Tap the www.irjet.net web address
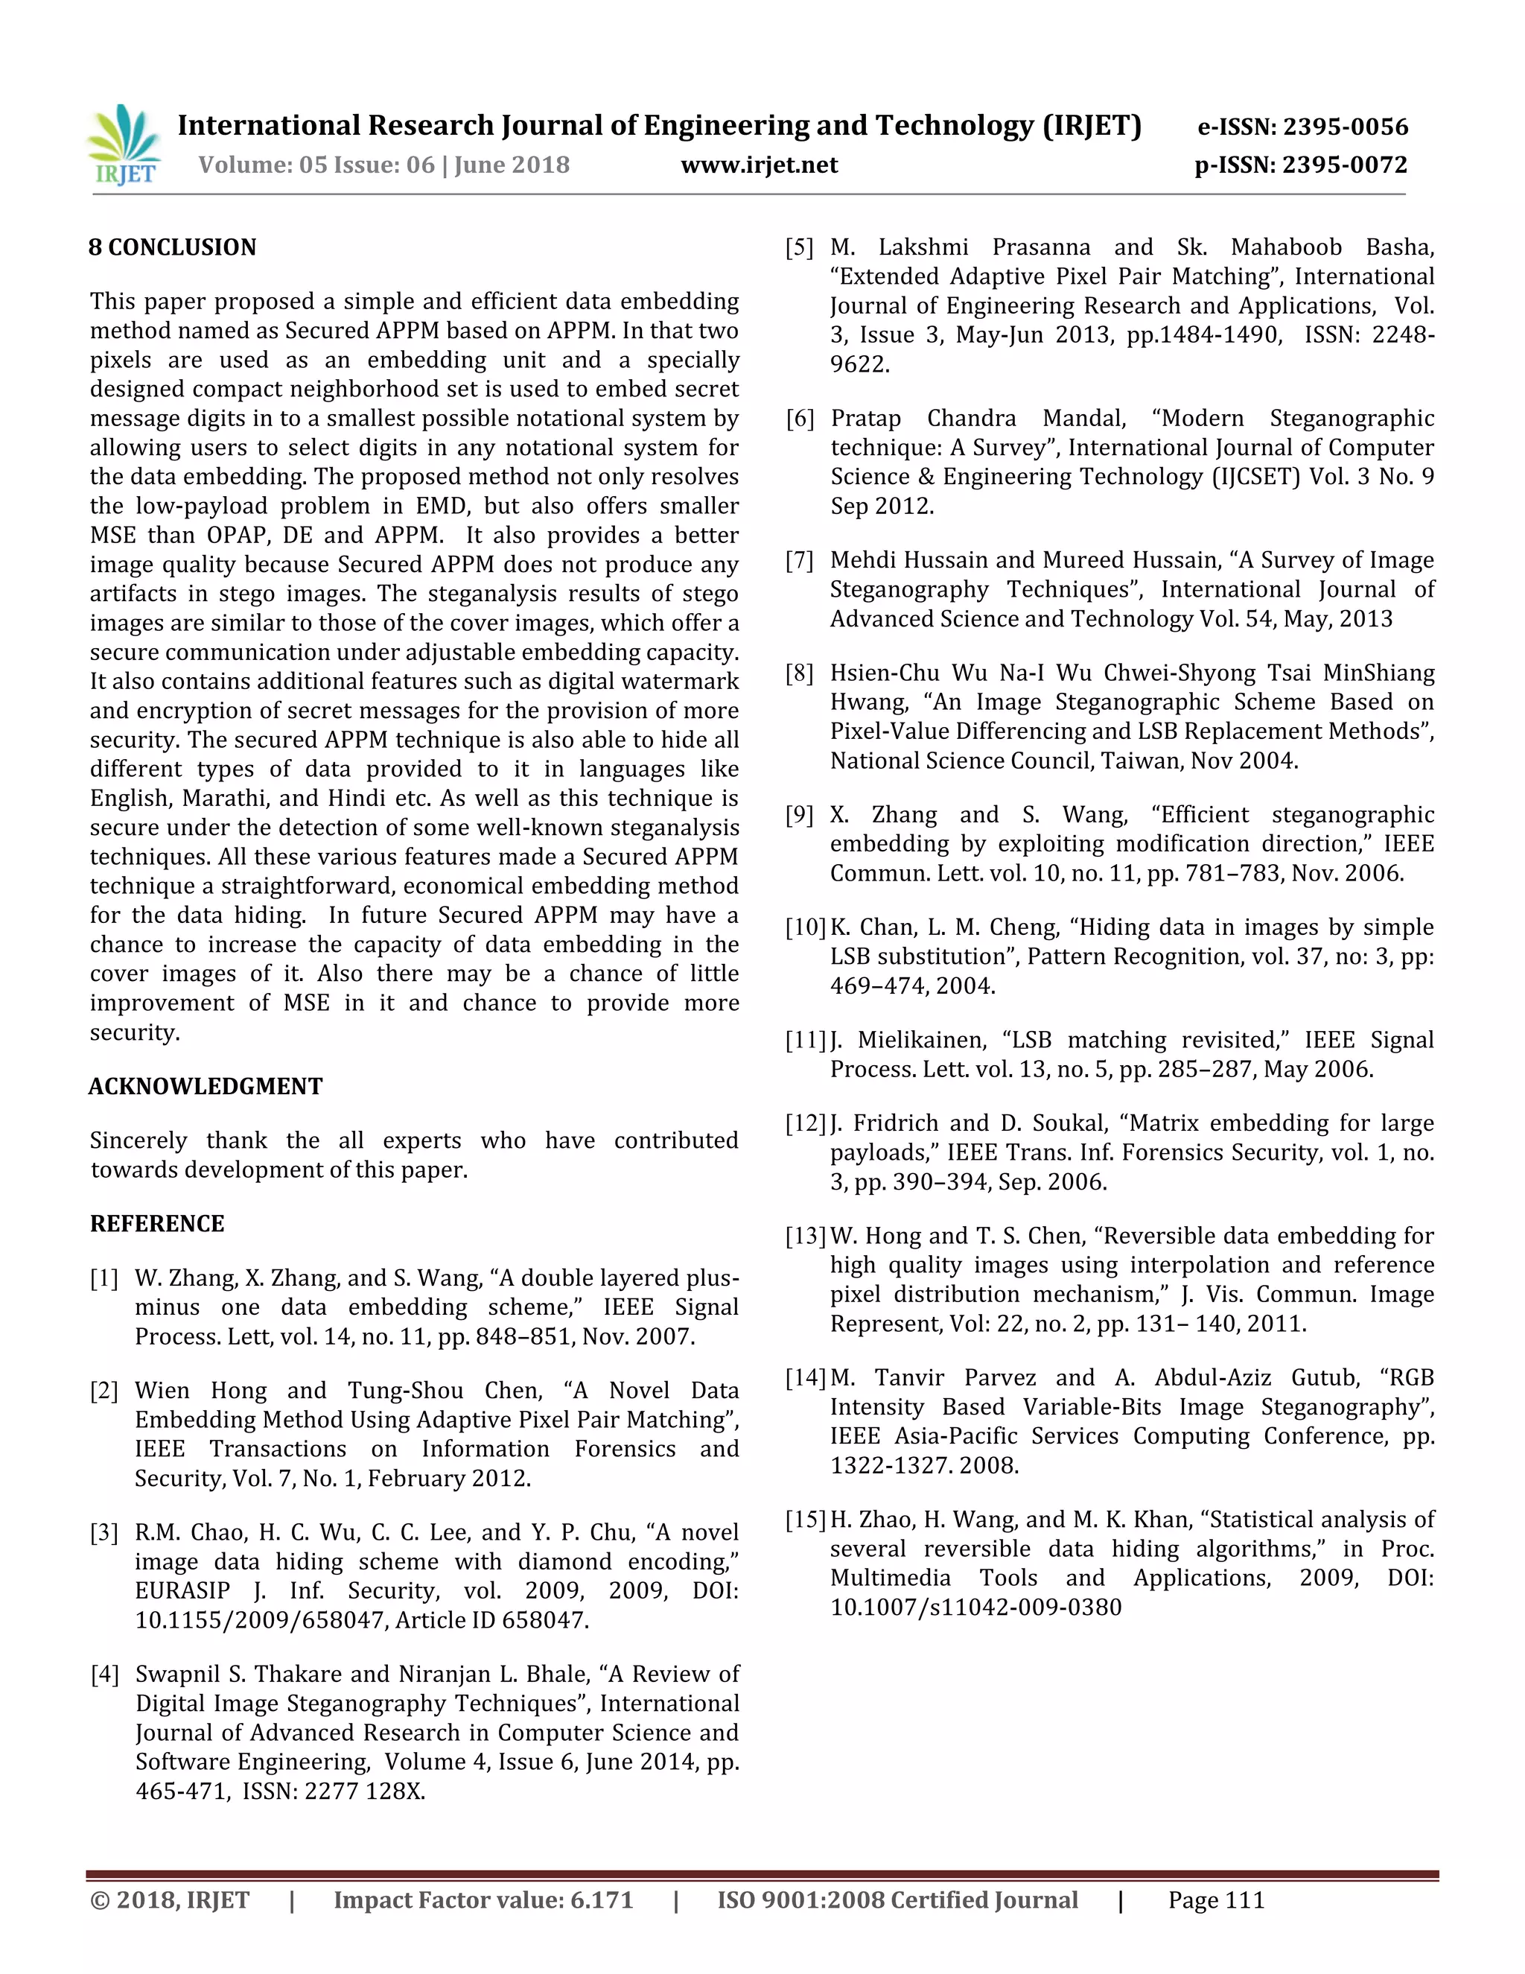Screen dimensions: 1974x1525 (x=759, y=165)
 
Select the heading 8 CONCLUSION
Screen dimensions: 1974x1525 (x=173, y=247)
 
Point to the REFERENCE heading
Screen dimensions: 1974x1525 (x=157, y=1224)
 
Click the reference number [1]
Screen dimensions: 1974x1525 (x=104, y=1279)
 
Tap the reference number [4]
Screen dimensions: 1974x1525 (x=104, y=1675)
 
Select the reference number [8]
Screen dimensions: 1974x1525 (x=800, y=673)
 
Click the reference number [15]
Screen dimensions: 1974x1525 (x=805, y=1520)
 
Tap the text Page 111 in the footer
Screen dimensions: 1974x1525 (x=1216, y=1900)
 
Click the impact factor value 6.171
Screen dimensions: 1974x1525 (x=602, y=1900)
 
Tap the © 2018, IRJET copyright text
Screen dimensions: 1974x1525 (x=170, y=1900)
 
